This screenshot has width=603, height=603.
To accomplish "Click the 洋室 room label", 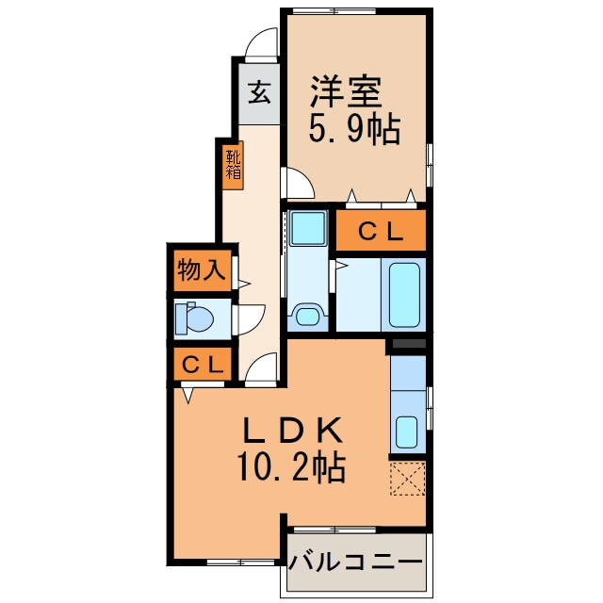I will (x=347, y=93).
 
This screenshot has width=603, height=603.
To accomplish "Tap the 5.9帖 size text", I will (x=352, y=129).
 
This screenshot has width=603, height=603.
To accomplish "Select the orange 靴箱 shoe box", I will (x=232, y=165).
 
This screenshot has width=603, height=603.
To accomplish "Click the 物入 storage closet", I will (x=200, y=271).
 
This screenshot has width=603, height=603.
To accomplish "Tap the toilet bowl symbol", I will (x=195, y=318).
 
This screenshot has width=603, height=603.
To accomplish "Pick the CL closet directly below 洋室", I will (x=382, y=229).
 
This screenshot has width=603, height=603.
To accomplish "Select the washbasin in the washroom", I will (x=306, y=314).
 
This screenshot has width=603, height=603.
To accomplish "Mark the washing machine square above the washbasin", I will (x=306, y=229).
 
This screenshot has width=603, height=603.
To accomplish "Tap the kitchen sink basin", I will (x=407, y=432).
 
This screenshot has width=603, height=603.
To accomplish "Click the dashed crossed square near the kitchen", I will (x=408, y=478).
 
